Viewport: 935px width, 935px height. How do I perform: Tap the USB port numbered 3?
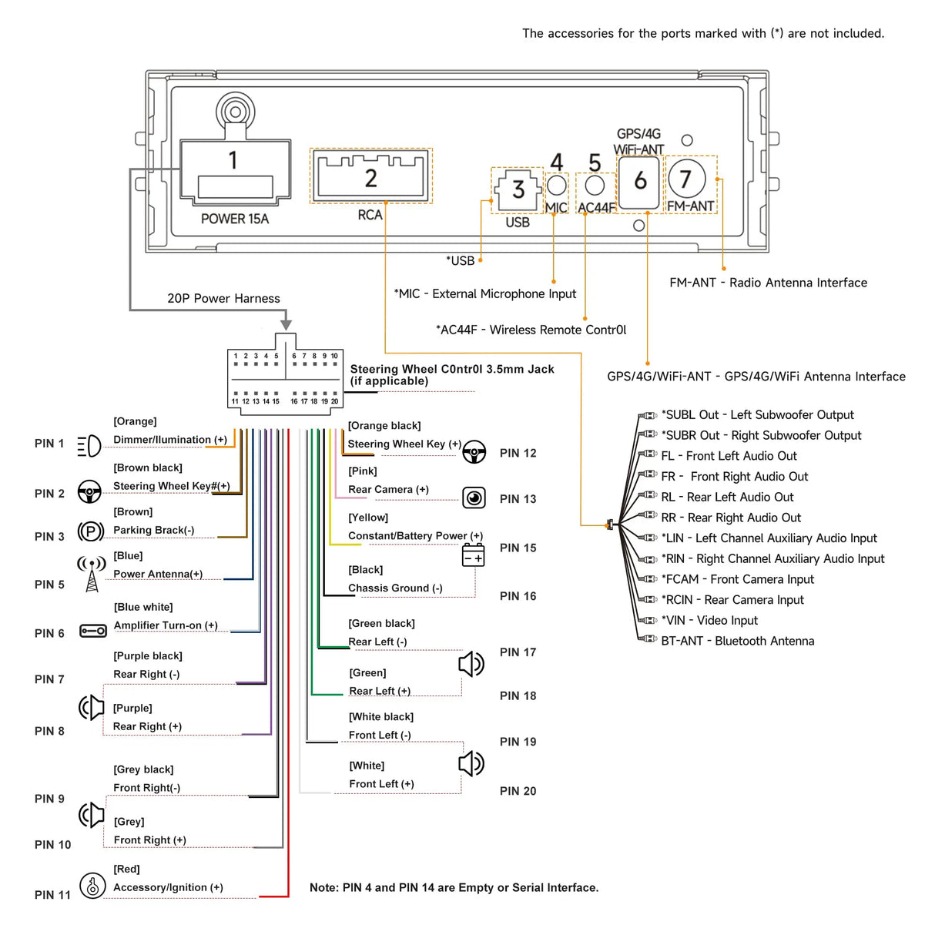(517, 189)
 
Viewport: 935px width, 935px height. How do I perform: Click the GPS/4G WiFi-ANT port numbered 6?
(639, 182)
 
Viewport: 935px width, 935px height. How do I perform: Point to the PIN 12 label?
(518, 453)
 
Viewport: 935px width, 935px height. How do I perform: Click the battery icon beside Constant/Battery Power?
(473, 555)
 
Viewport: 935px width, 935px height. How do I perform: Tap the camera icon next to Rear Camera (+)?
(474, 498)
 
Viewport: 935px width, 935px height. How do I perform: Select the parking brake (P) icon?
(91, 531)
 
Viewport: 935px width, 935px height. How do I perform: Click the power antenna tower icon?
(92, 574)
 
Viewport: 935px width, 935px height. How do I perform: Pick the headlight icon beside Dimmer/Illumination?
(89, 445)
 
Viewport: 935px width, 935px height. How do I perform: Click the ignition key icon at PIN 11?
(92, 886)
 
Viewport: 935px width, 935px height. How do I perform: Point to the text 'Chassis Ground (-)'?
(395, 588)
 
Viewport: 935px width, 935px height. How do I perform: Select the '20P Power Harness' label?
(223, 299)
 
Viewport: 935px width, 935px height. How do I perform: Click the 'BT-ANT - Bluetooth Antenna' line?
(737, 641)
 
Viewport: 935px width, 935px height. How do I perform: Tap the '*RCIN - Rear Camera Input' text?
(732, 600)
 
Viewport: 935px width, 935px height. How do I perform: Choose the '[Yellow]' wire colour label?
(368, 518)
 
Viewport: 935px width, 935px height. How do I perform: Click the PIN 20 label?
(518, 791)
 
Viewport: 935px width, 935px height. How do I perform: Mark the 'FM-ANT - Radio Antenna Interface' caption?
(768, 283)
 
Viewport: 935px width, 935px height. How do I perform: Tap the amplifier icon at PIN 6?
(93, 631)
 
